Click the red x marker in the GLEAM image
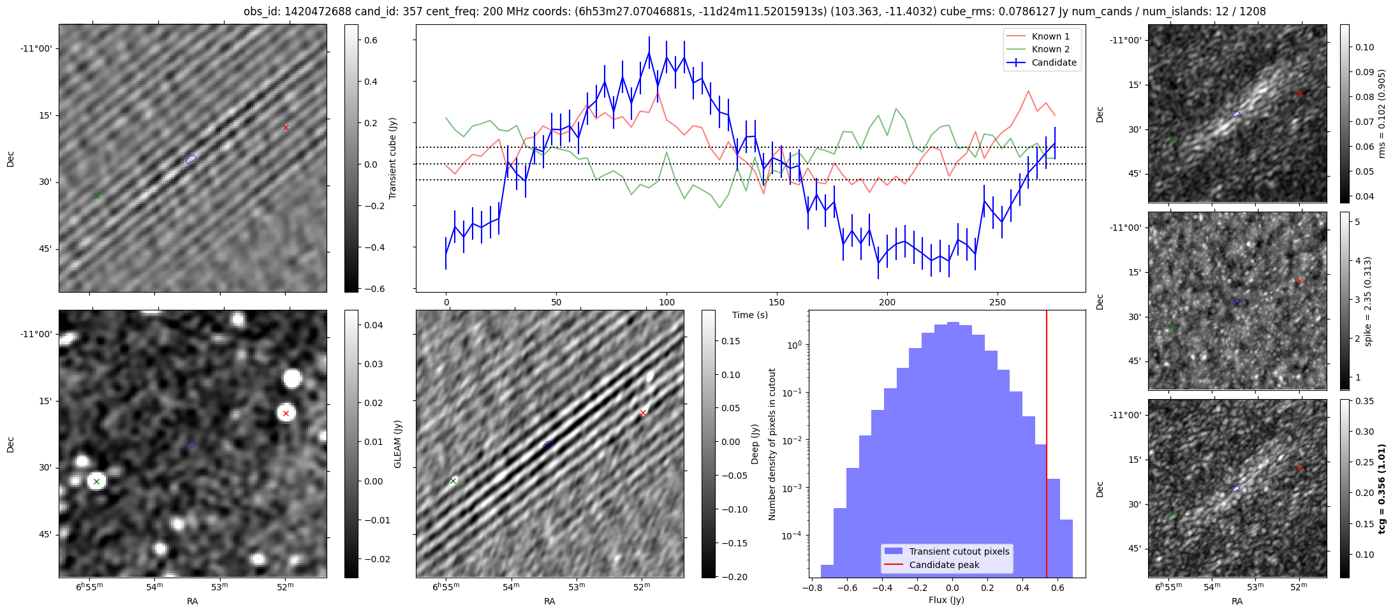tap(286, 414)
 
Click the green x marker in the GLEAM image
tap(96, 481)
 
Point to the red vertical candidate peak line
tap(1047, 446)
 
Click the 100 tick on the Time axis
tap(667, 302)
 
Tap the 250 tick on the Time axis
tap(997, 302)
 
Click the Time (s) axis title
tap(750, 315)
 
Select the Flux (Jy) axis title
tap(947, 600)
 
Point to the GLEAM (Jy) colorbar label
tap(398, 444)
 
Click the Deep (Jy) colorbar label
tap(755, 444)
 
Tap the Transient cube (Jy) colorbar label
tap(393, 158)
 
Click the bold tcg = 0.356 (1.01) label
tap(1382, 488)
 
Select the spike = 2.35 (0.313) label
tap(1367, 301)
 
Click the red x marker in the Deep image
tap(643, 413)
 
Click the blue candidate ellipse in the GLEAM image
tap(191, 444)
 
